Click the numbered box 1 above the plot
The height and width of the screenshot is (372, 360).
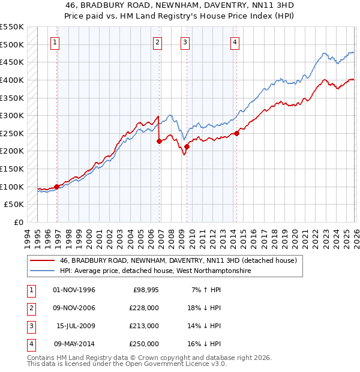click(x=55, y=42)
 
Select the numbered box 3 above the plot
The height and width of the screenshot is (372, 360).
click(x=185, y=42)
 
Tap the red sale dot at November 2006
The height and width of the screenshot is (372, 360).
click(x=159, y=142)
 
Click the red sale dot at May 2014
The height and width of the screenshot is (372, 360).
click(x=236, y=134)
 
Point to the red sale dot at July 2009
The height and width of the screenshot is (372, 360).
click(x=187, y=146)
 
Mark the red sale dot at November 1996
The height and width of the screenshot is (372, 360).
click(x=57, y=187)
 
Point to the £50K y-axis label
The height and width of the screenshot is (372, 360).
click(x=14, y=205)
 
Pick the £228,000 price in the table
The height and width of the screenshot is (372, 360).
click(x=144, y=308)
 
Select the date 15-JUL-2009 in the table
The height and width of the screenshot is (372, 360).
click(x=74, y=326)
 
